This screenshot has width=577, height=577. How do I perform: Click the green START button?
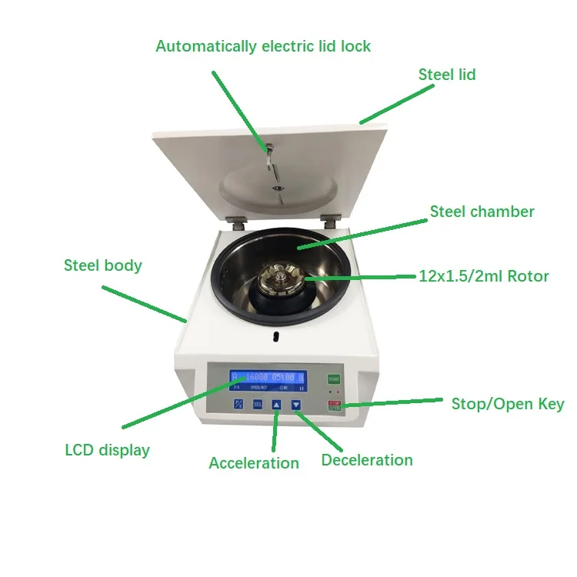pos(333,379)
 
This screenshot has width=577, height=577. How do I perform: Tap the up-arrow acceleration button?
pos(277,404)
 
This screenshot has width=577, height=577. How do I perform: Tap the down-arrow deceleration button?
pos(295,404)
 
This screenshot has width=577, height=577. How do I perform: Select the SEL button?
pos(258,404)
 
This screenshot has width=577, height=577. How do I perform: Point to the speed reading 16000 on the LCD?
pos(257,378)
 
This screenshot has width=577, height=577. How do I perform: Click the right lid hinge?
pos(330,221)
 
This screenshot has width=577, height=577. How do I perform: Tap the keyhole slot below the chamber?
pos(275,336)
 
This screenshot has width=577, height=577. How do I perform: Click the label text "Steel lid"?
pos(447,75)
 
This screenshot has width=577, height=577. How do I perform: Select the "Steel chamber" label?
pos(482,212)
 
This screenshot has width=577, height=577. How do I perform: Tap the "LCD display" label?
pos(107,450)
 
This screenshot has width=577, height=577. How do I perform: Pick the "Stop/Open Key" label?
pos(506,404)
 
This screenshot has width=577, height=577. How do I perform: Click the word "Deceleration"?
pos(367,460)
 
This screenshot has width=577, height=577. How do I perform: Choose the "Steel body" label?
pos(102,265)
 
